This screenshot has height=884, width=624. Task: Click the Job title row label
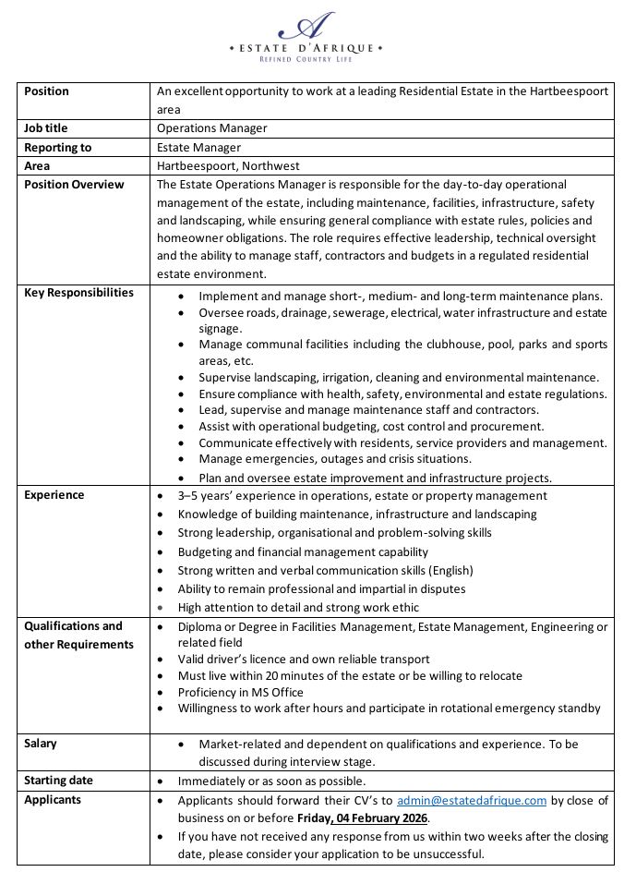coord(45,128)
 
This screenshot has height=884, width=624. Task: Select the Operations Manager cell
coord(211,128)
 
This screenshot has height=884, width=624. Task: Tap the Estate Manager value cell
coord(198,147)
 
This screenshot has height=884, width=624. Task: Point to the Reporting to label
coord(57,147)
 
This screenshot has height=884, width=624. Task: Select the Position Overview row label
coord(74,184)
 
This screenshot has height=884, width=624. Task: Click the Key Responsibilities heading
coord(78,293)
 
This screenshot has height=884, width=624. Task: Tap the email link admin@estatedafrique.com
coord(472,800)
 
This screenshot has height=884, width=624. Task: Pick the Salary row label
coord(41,743)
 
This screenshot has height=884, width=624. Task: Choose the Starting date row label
coord(58,781)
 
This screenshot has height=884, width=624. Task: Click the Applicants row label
coord(52,799)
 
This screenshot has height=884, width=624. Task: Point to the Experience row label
coord(54,494)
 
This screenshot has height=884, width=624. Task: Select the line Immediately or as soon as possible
coord(272,781)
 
